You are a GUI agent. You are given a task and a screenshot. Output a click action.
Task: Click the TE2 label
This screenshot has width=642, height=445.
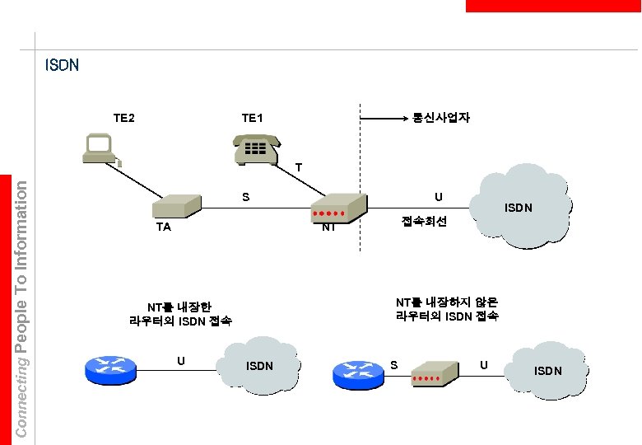click(123, 118)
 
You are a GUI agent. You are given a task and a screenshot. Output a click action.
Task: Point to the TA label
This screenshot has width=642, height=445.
click(163, 227)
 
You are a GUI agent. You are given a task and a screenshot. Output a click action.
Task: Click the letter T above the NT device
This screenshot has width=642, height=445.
click(299, 168)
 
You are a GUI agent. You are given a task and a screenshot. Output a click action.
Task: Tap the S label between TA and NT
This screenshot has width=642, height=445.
click(245, 197)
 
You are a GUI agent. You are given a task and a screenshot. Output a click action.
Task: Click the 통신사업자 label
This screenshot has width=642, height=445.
click(442, 118)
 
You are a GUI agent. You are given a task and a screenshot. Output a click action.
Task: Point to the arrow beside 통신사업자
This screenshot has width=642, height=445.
click(384, 119)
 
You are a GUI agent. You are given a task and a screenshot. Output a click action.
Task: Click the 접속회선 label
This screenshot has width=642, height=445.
click(424, 222)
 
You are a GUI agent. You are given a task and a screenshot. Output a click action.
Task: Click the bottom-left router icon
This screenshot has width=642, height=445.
click(109, 368)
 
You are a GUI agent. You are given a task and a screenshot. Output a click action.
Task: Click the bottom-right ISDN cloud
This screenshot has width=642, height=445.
click(547, 369)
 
